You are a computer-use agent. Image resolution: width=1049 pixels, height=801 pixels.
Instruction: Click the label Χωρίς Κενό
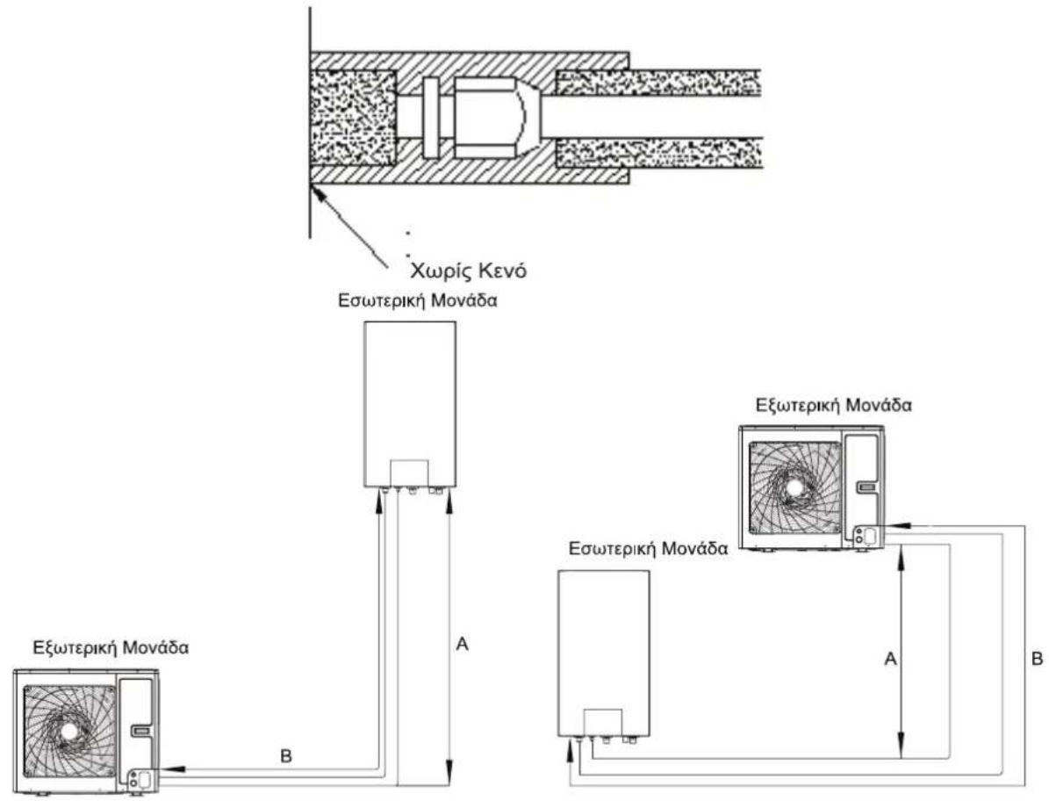(468, 271)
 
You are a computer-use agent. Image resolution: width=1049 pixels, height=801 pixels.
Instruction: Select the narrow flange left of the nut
(430, 118)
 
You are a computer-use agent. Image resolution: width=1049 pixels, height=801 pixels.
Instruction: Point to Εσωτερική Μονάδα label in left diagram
(418, 299)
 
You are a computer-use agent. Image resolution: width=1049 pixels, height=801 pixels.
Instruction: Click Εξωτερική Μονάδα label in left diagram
(111, 648)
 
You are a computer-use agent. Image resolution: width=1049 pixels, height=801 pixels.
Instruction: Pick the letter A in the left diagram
(462, 645)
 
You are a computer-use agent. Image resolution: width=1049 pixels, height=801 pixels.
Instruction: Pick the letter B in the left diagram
(285, 757)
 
